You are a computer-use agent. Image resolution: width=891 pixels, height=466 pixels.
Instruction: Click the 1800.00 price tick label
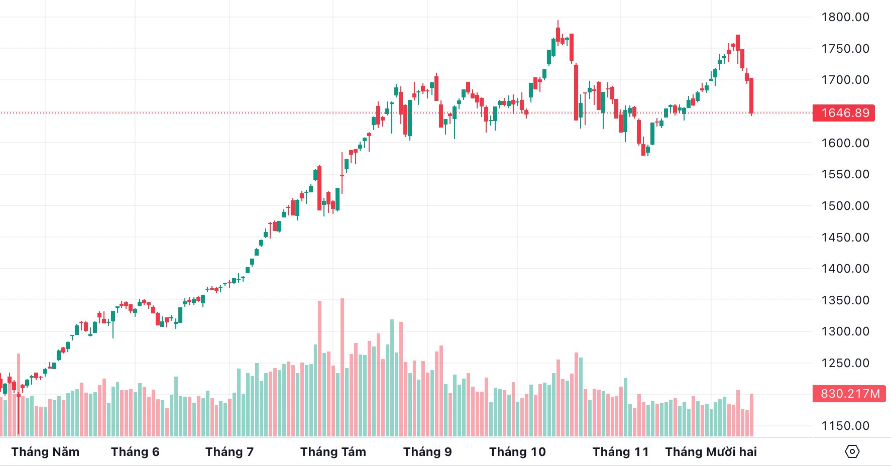coord(845,17)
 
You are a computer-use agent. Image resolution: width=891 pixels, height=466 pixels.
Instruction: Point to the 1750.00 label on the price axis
coord(845,49)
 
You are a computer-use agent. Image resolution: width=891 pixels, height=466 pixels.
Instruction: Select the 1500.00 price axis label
coord(845,206)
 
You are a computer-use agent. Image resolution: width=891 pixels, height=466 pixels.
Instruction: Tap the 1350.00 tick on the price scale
coord(845,300)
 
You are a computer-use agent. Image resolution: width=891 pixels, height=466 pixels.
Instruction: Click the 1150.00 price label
coord(845,426)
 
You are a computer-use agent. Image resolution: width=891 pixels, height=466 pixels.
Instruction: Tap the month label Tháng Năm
coord(45,452)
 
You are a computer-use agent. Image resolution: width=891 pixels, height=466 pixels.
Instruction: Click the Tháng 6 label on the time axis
coord(135,452)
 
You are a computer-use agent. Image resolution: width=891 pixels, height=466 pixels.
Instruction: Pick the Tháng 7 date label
coord(230,452)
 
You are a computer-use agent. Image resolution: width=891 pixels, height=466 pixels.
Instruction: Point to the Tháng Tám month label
coord(333,452)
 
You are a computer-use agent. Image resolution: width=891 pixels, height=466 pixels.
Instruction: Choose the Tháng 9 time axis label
coord(427,452)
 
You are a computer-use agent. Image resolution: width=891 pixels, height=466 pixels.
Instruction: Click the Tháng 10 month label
coord(517,452)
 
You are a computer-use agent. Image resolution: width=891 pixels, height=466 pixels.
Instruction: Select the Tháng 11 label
coord(621,452)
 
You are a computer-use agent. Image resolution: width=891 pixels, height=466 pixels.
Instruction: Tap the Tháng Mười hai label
coord(711,452)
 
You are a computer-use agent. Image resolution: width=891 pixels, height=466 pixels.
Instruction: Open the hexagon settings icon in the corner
coord(852,451)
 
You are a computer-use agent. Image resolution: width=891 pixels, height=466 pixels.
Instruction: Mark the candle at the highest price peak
coord(558,34)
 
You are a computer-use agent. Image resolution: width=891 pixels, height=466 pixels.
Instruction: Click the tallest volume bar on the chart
coord(343,367)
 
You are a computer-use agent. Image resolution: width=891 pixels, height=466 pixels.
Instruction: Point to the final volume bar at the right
coord(752,415)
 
